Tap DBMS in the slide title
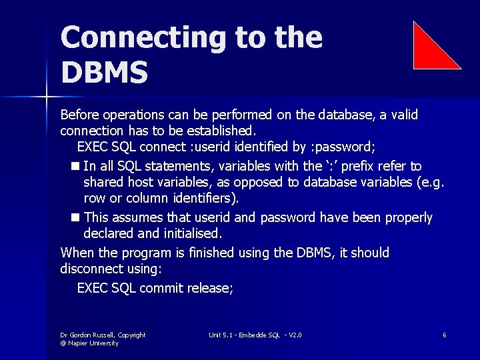tap(104, 73)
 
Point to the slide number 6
tap(444, 335)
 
